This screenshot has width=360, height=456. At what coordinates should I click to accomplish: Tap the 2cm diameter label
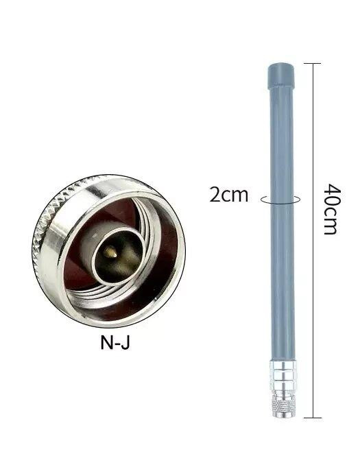228,195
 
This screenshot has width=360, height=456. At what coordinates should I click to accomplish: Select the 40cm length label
330,208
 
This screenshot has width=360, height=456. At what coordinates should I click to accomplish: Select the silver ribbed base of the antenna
279,381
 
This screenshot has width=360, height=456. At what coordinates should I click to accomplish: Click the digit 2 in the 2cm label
215,195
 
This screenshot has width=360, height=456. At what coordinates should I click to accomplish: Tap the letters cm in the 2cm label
235,195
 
